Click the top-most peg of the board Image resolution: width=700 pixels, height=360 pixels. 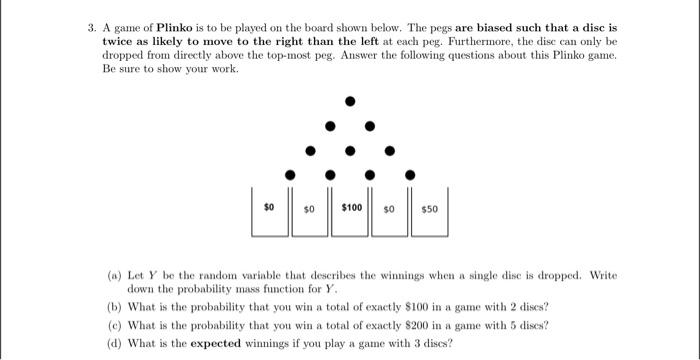tap(349, 101)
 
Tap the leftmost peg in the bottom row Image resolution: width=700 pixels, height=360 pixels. tap(290, 174)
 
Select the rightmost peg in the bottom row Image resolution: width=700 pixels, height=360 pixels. tap(408, 174)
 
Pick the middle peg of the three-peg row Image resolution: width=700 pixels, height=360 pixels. tap(349, 150)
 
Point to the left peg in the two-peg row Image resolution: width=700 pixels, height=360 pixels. tap(329, 126)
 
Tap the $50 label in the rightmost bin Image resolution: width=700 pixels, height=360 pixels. tap(429, 209)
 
